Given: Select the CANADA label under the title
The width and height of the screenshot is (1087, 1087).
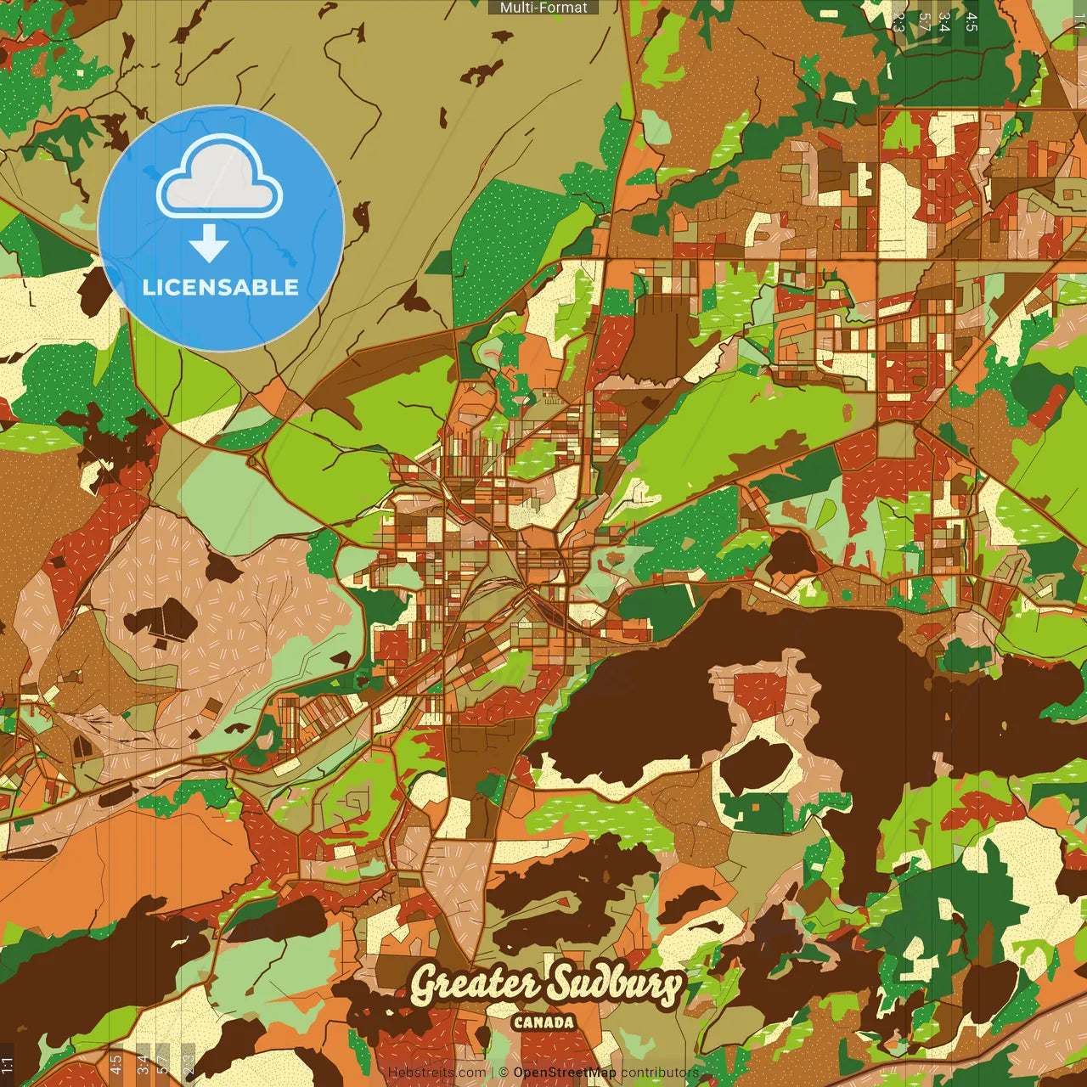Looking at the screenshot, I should point(543,1022).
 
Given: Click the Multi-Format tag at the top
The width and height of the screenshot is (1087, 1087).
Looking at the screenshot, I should point(543,8).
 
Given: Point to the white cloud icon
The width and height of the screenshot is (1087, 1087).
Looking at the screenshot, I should point(220,177).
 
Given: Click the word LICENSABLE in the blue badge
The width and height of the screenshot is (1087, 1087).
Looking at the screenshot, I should point(221,287).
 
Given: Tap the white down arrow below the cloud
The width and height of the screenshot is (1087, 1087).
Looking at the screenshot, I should point(209,243).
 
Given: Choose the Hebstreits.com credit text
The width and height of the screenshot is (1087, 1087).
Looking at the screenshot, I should point(436,1073).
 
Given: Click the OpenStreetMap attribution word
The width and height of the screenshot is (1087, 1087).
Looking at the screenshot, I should point(565,1073).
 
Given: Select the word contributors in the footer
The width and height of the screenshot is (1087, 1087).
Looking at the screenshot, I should point(660,1073).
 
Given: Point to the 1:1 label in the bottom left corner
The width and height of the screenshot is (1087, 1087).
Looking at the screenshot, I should point(8,1065).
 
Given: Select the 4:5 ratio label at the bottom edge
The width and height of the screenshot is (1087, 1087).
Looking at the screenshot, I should point(115,1065).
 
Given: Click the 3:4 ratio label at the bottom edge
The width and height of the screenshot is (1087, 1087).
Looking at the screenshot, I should point(142,1065).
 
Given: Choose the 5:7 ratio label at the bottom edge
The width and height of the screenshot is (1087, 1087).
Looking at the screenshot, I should point(163,1065).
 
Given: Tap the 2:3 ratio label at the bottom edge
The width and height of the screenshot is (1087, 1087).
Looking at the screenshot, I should point(188,1065).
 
